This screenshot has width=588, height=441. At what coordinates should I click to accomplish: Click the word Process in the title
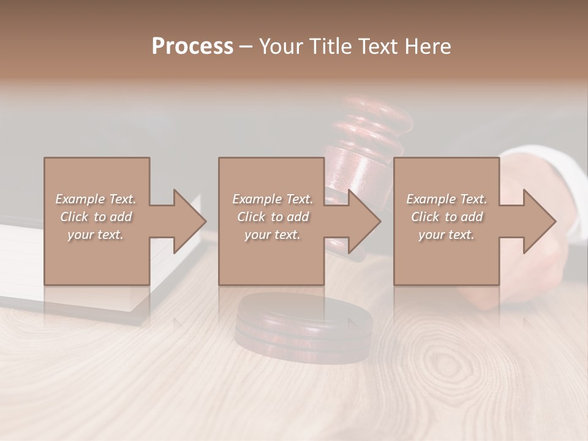(x=192, y=47)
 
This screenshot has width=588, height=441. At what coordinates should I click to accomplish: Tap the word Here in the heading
(x=428, y=47)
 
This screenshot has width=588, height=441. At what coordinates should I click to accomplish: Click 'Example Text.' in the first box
(x=96, y=199)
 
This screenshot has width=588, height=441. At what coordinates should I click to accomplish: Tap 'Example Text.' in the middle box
(x=273, y=199)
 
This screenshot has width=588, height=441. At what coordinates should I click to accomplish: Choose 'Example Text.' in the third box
(x=447, y=199)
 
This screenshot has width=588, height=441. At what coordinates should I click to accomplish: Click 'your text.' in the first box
(x=96, y=235)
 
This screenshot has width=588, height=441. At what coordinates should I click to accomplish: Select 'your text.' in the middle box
(x=273, y=235)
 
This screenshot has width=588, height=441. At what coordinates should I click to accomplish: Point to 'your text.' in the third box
(x=447, y=235)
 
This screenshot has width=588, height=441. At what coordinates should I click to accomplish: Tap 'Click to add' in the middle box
(x=273, y=217)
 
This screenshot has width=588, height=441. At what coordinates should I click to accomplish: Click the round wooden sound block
(x=303, y=325)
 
